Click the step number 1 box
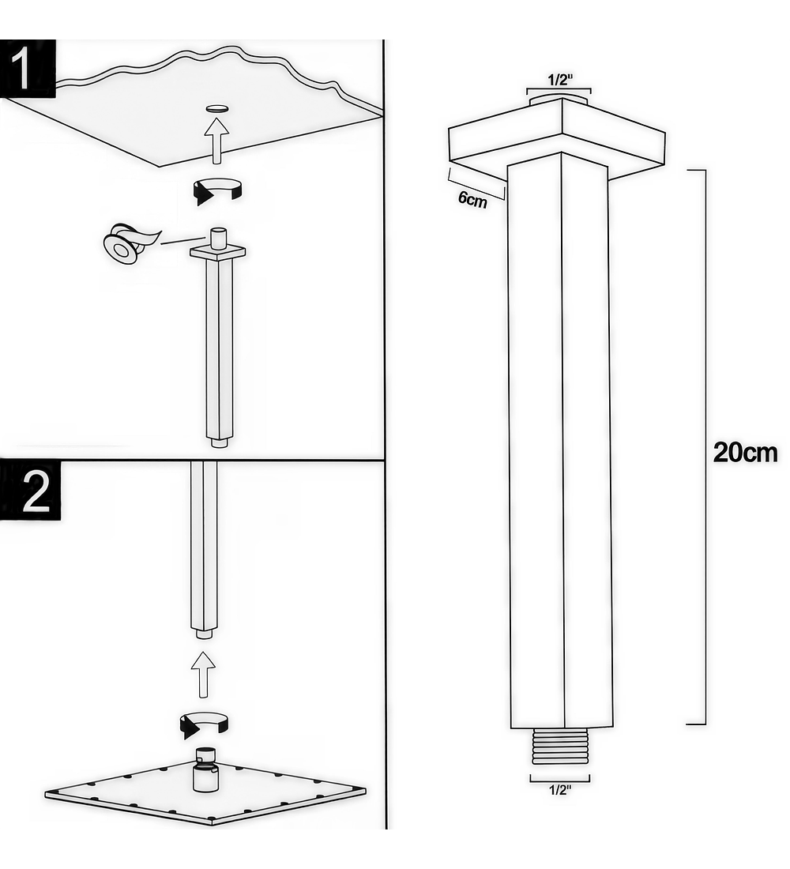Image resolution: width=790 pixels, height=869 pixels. click(28, 69)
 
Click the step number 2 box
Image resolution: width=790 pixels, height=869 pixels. click(30, 491)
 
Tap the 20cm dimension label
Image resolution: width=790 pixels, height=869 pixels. click(744, 453)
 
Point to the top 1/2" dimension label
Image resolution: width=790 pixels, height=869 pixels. click(559, 80)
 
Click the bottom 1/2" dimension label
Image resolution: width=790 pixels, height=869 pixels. click(560, 790)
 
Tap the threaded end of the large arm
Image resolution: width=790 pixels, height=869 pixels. click(559, 747)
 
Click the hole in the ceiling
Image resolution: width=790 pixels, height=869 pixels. click(216, 108)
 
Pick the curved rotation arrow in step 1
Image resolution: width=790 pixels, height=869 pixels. click(216, 191)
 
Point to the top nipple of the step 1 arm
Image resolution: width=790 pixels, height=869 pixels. click(217, 238)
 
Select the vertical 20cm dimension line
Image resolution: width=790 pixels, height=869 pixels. click(705, 446)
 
